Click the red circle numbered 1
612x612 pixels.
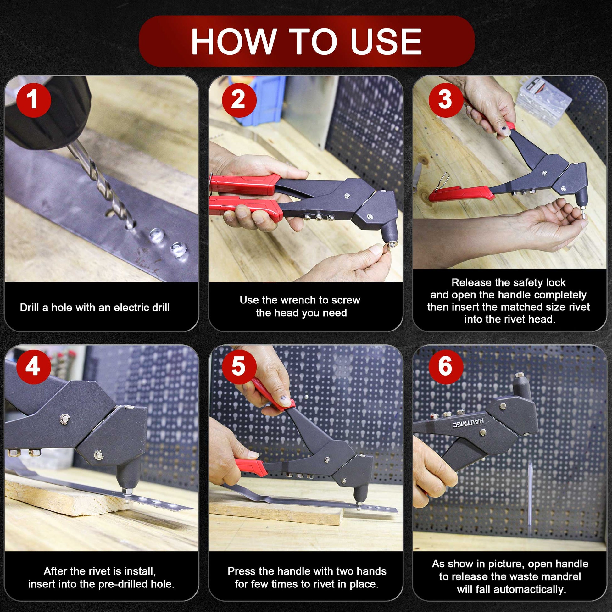click(34, 100)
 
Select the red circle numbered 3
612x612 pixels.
click(446, 100)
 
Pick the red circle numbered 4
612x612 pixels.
click(34, 366)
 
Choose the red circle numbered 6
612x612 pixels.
click(446, 366)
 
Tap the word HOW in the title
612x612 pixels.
click(233, 42)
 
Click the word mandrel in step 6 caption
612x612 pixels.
click(561, 576)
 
